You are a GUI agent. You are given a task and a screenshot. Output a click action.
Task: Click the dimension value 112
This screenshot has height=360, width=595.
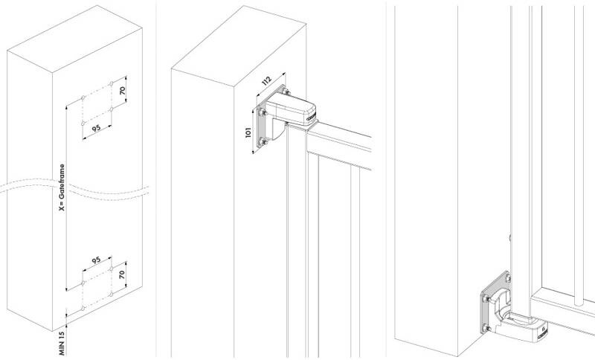pyautogui.click(x=267, y=80)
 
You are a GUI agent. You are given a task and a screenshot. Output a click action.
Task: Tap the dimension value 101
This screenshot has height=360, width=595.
pyautogui.click(x=248, y=132)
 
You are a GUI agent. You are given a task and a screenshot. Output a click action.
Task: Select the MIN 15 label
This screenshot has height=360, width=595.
pyautogui.click(x=62, y=344)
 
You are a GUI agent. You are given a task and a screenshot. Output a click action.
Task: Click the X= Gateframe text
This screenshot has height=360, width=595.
pyautogui.click(x=62, y=187)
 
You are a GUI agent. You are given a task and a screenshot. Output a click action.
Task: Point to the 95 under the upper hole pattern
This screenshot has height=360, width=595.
pyautogui.click(x=97, y=128)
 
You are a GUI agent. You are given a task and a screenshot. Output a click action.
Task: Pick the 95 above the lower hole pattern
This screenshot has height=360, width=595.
pyautogui.click(x=97, y=260)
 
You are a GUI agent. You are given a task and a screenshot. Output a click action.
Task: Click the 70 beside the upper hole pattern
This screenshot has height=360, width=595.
pyautogui.click(x=122, y=91)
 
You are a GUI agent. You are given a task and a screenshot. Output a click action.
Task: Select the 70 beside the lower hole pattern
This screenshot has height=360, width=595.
pyautogui.click(x=122, y=274)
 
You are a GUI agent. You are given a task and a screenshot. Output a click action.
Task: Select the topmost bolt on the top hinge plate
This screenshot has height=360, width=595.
pyautogui.click(x=286, y=91)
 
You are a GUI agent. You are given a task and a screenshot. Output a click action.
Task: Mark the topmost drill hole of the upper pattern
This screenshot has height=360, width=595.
pyautogui.click(x=111, y=83)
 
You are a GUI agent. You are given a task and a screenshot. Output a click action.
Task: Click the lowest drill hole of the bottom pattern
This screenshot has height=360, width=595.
pyautogui.click(x=83, y=309)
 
